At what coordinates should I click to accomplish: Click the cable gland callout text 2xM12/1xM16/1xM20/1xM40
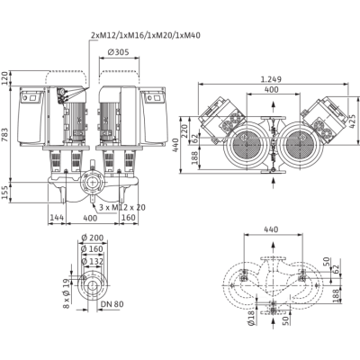[146, 35]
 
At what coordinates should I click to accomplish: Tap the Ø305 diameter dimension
[118, 52]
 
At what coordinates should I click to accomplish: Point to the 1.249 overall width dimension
[271, 79]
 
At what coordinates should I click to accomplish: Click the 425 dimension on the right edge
[355, 121]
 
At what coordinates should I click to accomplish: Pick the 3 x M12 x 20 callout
[122, 207]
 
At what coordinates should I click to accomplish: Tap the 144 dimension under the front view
[57, 218]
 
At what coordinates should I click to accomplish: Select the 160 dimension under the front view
[129, 218]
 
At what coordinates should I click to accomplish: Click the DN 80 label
[112, 304]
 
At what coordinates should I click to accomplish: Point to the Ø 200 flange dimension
[93, 238]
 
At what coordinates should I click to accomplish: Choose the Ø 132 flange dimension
[93, 261]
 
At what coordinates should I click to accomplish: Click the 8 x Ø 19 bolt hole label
[67, 293]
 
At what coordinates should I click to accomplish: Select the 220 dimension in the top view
[184, 130]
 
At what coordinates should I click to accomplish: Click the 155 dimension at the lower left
[5, 192]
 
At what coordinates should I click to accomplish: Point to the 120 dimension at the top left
[5, 78]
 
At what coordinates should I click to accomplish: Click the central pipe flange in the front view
[92, 184]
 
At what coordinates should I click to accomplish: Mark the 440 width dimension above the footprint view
[271, 229]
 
